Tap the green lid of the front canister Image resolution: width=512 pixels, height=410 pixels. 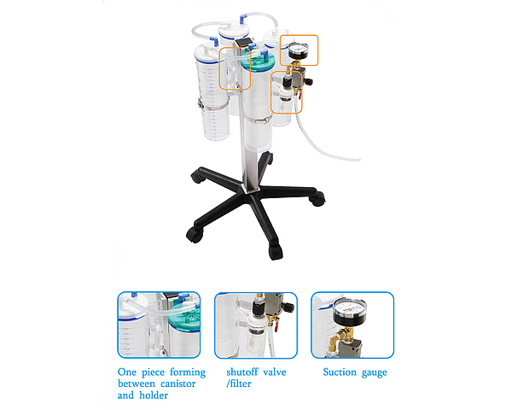pos(258,61)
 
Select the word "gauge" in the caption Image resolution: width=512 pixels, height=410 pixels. pos(375,373)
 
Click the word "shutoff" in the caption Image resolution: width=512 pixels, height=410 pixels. pos(242,372)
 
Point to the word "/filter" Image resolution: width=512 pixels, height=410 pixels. pos(239,384)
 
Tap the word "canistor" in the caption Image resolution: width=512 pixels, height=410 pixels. pos(178,384)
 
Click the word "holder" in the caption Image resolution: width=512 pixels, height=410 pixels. pos(154,395)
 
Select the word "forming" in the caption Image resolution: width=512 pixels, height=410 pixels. pos(188,372)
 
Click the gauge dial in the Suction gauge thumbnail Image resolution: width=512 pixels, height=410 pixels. pos(350,309)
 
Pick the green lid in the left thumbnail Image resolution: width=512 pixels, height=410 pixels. pos(183,313)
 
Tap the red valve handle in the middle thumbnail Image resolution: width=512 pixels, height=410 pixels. pos(276,326)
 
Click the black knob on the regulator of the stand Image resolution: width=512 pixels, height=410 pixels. pos(309,81)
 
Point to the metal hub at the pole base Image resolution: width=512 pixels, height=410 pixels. pos(250,189)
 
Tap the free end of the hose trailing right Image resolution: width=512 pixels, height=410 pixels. pos(359,160)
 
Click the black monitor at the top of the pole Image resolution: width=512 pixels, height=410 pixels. pos(243,43)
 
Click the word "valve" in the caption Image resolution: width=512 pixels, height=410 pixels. pos(275,372)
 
